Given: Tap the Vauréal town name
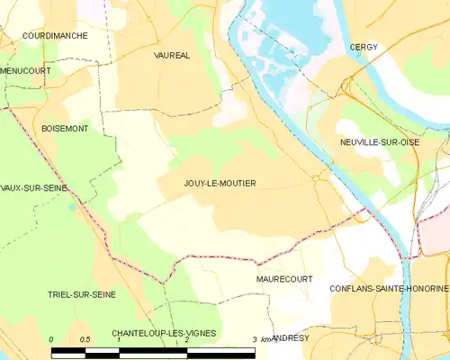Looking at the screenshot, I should [x=172, y=55].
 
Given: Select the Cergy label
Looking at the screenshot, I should [x=364, y=47].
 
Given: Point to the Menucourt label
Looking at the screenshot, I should [x=25, y=70].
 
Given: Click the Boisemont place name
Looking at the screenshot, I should [x=65, y=130].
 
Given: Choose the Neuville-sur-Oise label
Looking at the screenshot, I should [x=392, y=142].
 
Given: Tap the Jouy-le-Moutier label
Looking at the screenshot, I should [x=220, y=184].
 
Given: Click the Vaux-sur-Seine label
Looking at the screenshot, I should [x=33, y=188].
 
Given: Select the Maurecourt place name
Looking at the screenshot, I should [x=283, y=279].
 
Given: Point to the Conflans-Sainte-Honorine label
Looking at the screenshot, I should [x=389, y=288].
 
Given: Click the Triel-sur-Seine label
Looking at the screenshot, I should [x=82, y=294].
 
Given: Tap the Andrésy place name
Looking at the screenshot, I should [x=290, y=337].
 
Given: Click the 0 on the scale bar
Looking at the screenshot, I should [x=52, y=339].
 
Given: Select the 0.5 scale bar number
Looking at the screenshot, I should [x=85, y=339].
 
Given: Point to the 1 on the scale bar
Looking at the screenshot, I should [x=119, y=339].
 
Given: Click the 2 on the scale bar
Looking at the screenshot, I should [x=186, y=339].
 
